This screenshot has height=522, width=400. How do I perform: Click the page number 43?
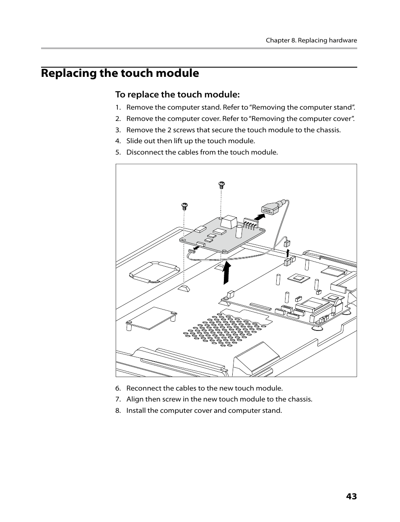coord(351,496)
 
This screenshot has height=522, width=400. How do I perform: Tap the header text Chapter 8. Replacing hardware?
coord(311,41)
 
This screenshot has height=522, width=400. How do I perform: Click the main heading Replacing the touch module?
coord(120,73)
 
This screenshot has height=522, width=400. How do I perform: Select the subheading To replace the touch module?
coord(177,94)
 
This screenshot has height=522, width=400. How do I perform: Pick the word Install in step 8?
coord(136,410)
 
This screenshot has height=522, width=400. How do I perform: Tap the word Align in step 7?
coord(135,399)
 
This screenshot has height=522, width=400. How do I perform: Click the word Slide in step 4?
coord(135,141)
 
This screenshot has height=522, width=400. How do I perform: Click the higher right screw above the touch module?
coord(221,184)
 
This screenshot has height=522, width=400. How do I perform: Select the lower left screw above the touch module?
coord(184,206)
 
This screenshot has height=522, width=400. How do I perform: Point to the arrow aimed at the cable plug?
coord(260,217)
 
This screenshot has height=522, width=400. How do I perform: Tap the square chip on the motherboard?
coord(299,277)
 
